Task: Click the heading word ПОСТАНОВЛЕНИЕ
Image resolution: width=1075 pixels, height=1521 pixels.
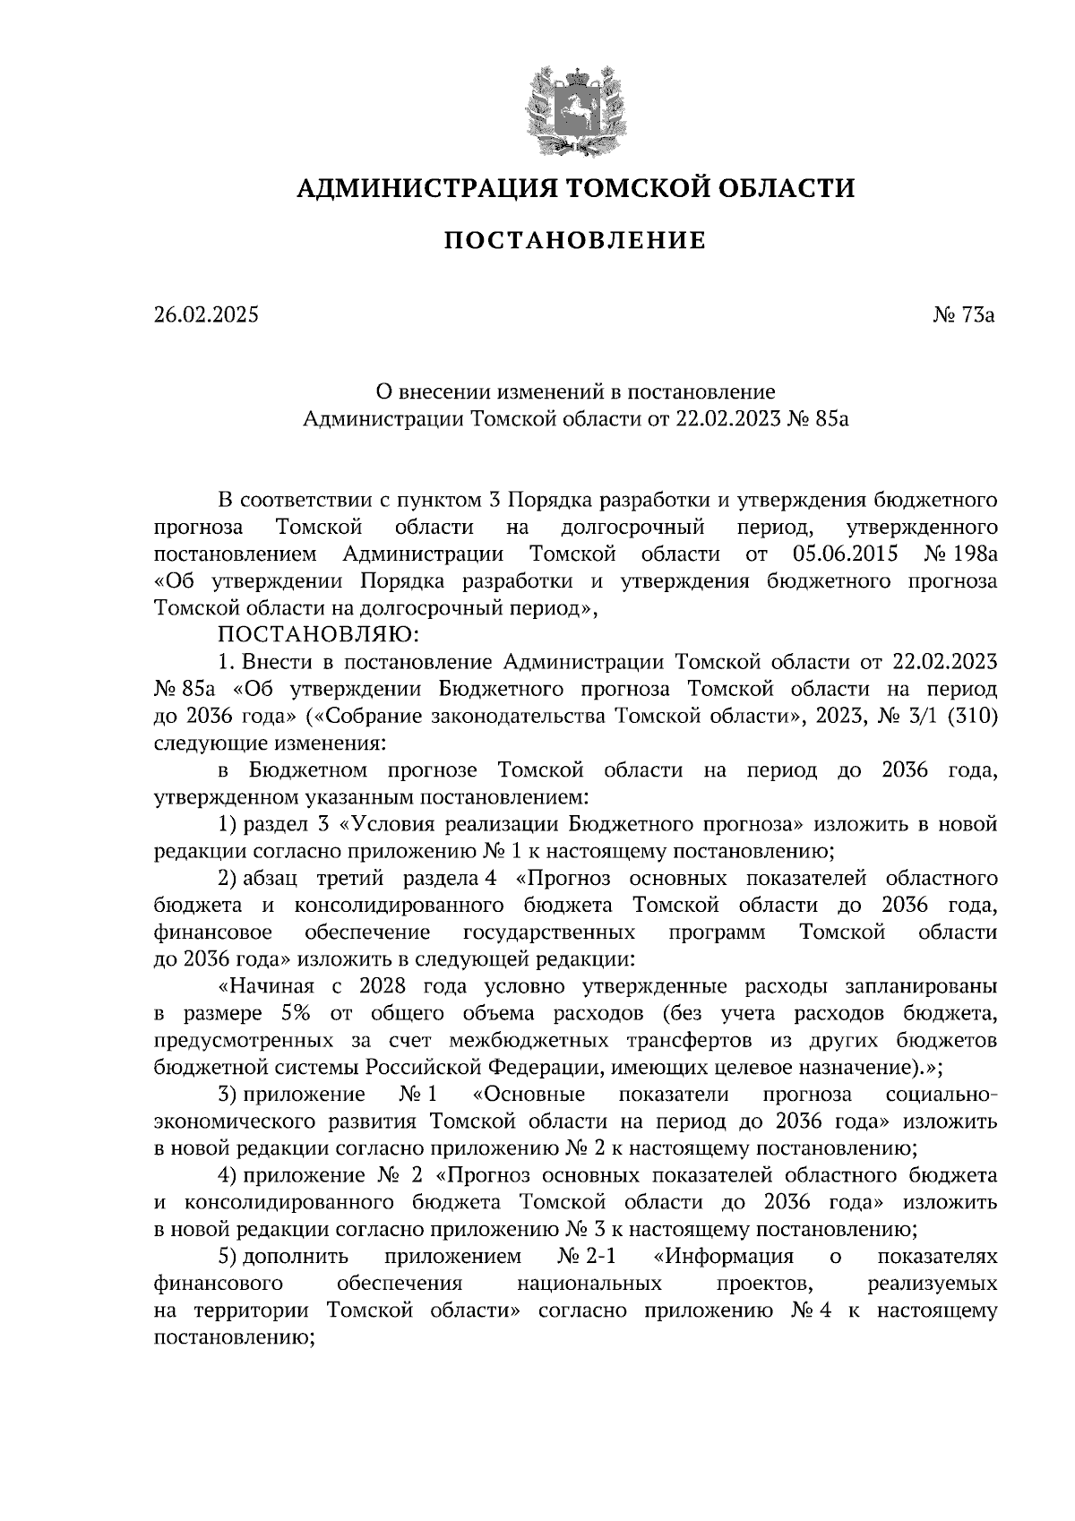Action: [x=575, y=241]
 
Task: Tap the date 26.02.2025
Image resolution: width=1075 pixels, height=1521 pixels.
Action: [x=205, y=314]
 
